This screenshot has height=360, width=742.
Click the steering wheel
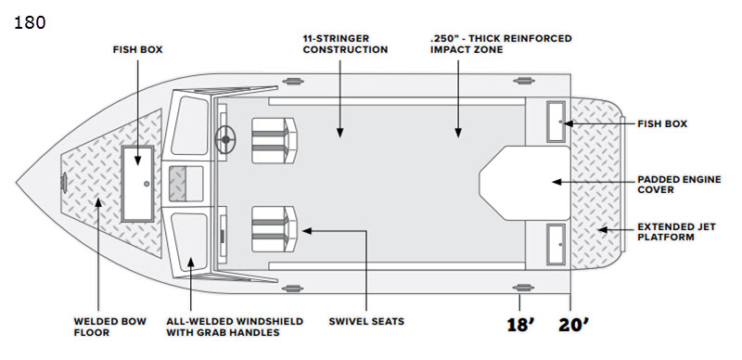[225, 139]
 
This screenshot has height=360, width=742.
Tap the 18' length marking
[520, 325]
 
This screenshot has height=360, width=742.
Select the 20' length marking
[573, 325]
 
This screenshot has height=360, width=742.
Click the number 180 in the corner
[30, 22]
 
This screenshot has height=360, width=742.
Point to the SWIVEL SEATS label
[366, 321]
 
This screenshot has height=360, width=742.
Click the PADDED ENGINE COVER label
[679, 185]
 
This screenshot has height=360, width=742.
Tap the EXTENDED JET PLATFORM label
[676, 232]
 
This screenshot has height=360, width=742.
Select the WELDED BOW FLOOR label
[109, 327]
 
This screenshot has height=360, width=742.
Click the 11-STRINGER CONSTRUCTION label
[345, 44]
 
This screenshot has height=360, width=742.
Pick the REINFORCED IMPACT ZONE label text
[501, 44]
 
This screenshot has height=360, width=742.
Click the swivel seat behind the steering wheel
[274, 141]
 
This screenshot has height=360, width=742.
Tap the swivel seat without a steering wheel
[274, 229]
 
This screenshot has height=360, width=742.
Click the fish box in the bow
[137, 184]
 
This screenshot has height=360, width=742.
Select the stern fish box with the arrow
[556, 122]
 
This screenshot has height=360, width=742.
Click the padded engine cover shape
[525, 184]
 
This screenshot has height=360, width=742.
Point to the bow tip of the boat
[17, 183]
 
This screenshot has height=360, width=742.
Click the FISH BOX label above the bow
[137, 49]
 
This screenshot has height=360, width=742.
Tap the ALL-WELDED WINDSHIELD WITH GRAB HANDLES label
[235, 327]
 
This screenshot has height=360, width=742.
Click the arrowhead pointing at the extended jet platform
[601, 230]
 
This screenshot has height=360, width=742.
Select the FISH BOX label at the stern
[662, 123]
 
